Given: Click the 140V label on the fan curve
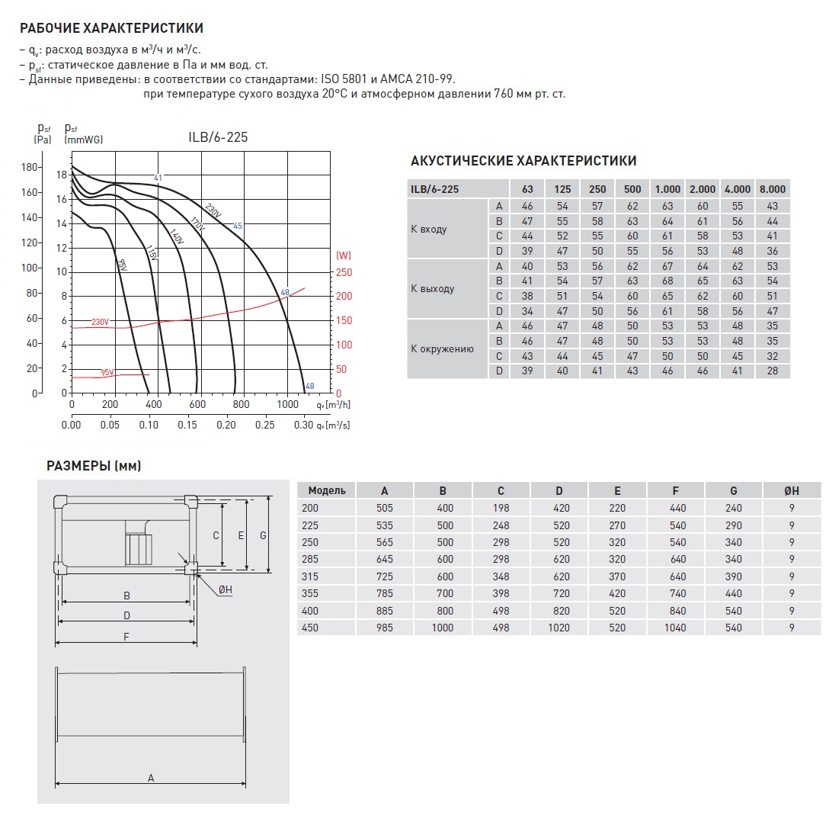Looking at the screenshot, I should pyautogui.click(x=177, y=237).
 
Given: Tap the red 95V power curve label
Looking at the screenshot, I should pyautogui.click(x=107, y=372).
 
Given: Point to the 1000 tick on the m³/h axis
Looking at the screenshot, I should pyautogui.click(x=287, y=404).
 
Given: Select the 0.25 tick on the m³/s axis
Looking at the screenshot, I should pyautogui.click(x=266, y=425).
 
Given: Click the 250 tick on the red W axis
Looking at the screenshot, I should pyautogui.click(x=345, y=272).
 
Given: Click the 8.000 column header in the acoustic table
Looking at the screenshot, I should pyautogui.click(x=773, y=189).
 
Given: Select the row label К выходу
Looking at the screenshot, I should pyautogui.click(x=432, y=289).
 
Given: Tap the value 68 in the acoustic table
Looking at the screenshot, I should pyautogui.click(x=667, y=281).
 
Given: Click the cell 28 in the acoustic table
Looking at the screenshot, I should pyautogui.click(x=773, y=371).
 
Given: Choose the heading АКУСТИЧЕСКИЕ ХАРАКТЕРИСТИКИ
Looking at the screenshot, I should pyautogui.click(x=523, y=161).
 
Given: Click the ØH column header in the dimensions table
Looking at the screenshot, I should pyautogui.click(x=792, y=490).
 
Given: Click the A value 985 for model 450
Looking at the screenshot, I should pyautogui.click(x=384, y=628).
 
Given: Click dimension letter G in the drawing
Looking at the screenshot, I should pyautogui.click(x=262, y=535).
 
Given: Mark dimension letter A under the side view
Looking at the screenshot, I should pyautogui.click(x=151, y=778).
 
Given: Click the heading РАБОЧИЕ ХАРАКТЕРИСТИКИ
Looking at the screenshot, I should pyautogui.click(x=111, y=29).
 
